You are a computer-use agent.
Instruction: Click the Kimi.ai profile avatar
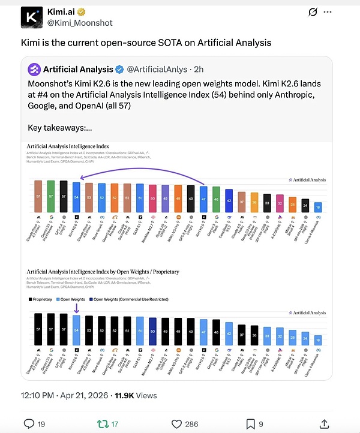click(31, 17)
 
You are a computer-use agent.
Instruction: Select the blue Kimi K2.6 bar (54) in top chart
click(76, 197)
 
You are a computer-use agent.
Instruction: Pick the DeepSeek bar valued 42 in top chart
click(229, 201)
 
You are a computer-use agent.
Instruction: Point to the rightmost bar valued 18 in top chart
click(318, 208)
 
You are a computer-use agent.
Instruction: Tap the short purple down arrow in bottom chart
click(76, 308)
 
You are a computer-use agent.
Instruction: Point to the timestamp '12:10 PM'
click(38, 395)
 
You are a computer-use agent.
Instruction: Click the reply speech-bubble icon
click(29, 424)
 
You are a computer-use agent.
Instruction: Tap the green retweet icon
click(102, 424)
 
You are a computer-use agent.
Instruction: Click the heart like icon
click(175, 424)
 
